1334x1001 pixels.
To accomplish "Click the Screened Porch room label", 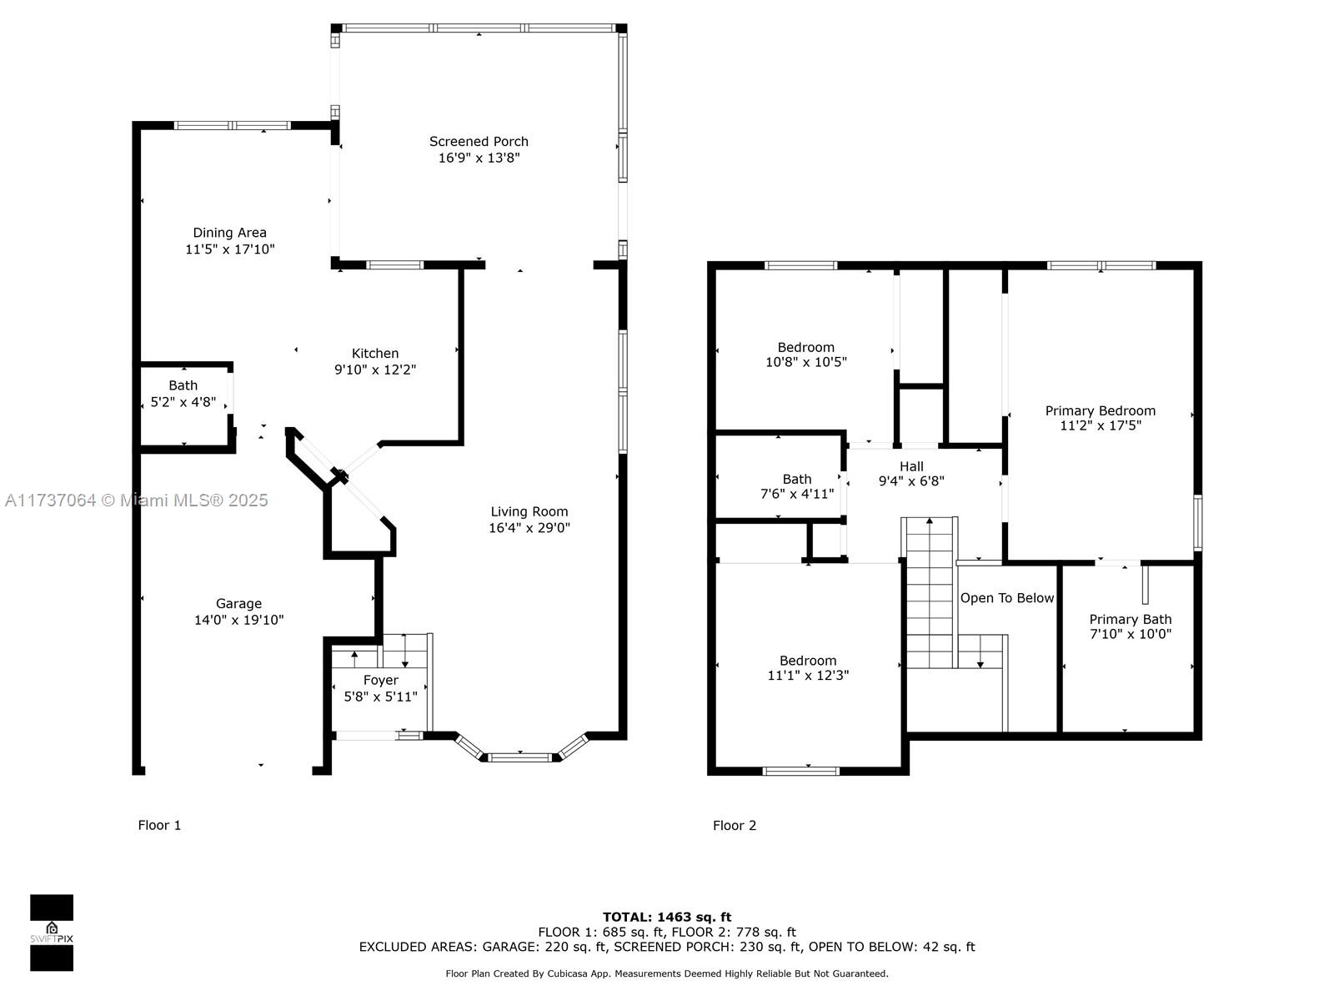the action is coord(479,142).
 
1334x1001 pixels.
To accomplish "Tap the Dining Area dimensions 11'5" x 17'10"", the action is coord(230,249).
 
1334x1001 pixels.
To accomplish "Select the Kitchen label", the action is coord(375,353).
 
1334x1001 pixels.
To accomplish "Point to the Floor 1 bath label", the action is coord(183,385).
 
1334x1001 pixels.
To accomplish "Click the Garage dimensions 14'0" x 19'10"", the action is coord(238,619).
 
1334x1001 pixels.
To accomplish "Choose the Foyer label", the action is coord(380,680).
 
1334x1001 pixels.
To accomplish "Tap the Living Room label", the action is coord(529,511).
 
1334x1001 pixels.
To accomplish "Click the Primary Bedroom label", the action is coord(1100,411).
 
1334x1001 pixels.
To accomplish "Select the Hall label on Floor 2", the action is coord(911,466).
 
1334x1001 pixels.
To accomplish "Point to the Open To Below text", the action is coord(1006,598).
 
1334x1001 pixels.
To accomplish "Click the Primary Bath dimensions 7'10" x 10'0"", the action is coord(1130,634).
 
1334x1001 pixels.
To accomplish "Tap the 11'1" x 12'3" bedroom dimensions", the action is coord(808,675).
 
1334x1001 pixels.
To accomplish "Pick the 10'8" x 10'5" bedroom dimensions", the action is coord(806,362).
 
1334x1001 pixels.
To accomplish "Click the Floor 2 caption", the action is coord(735,825).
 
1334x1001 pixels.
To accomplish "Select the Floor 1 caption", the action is coord(159,825).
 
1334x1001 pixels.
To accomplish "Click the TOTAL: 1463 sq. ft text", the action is coord(667,917).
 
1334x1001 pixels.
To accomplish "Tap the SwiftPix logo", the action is coord(52,933).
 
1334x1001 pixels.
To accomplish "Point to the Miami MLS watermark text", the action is coord(136,500).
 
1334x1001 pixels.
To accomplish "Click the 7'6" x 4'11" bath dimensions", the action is coord(797,494).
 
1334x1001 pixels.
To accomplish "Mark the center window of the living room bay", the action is coord(519,757).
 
